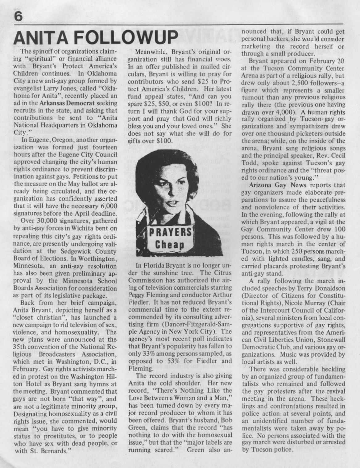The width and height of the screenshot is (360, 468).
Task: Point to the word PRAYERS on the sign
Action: (x=173, y=232)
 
